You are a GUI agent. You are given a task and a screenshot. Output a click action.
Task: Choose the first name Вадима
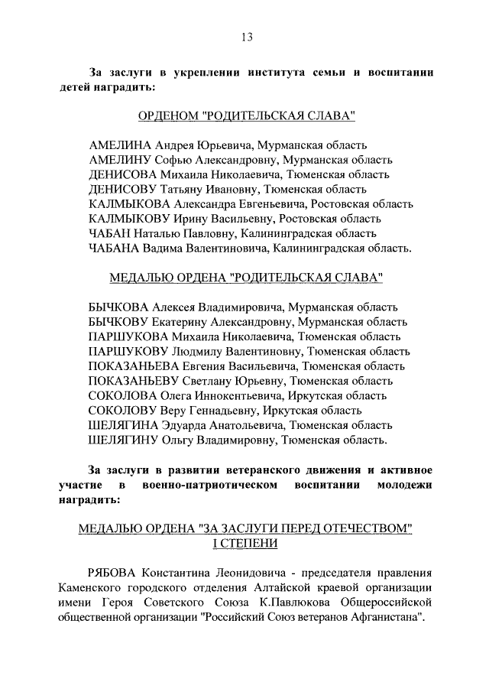[163, 248]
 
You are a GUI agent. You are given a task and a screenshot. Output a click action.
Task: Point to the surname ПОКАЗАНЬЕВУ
[132, 381]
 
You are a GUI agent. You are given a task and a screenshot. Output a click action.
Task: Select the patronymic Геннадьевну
[222, 411]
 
